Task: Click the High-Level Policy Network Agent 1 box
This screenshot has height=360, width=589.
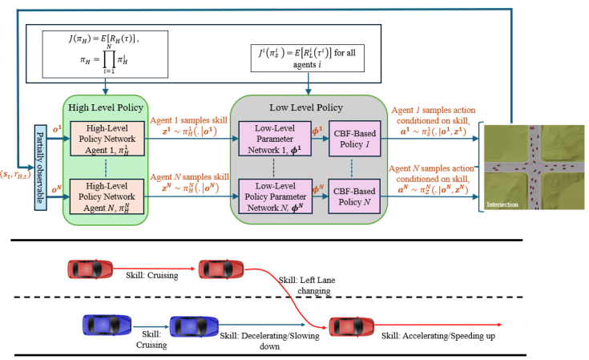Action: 103,140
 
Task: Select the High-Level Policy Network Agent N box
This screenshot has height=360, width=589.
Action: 103,196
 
